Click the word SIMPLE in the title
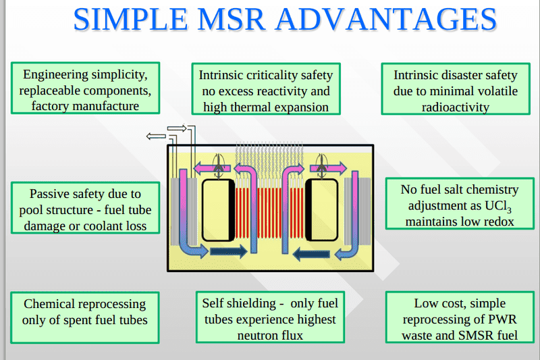coord(130,20)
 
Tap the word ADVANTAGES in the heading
coord(387,20)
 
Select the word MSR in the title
coord(232,20)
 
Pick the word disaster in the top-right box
coord(456,75)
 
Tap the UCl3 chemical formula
coord(498,206)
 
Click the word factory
coord(51,107)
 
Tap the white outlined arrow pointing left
coord(156,136)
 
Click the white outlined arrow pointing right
coord(177,128)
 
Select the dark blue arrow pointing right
coord(229,251)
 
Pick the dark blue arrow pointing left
coord(311,254)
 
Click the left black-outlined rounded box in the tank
coord(219,210)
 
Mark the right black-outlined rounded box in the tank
coord(322,210)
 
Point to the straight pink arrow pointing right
coord(328,168)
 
